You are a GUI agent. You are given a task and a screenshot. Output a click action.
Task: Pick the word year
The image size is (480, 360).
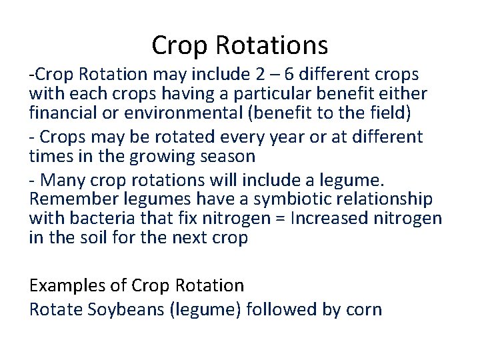pyautogui.click(x=283, y=137)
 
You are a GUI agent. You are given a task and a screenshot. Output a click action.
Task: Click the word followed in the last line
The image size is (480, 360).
pyautogui.click(x=282, y=309)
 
